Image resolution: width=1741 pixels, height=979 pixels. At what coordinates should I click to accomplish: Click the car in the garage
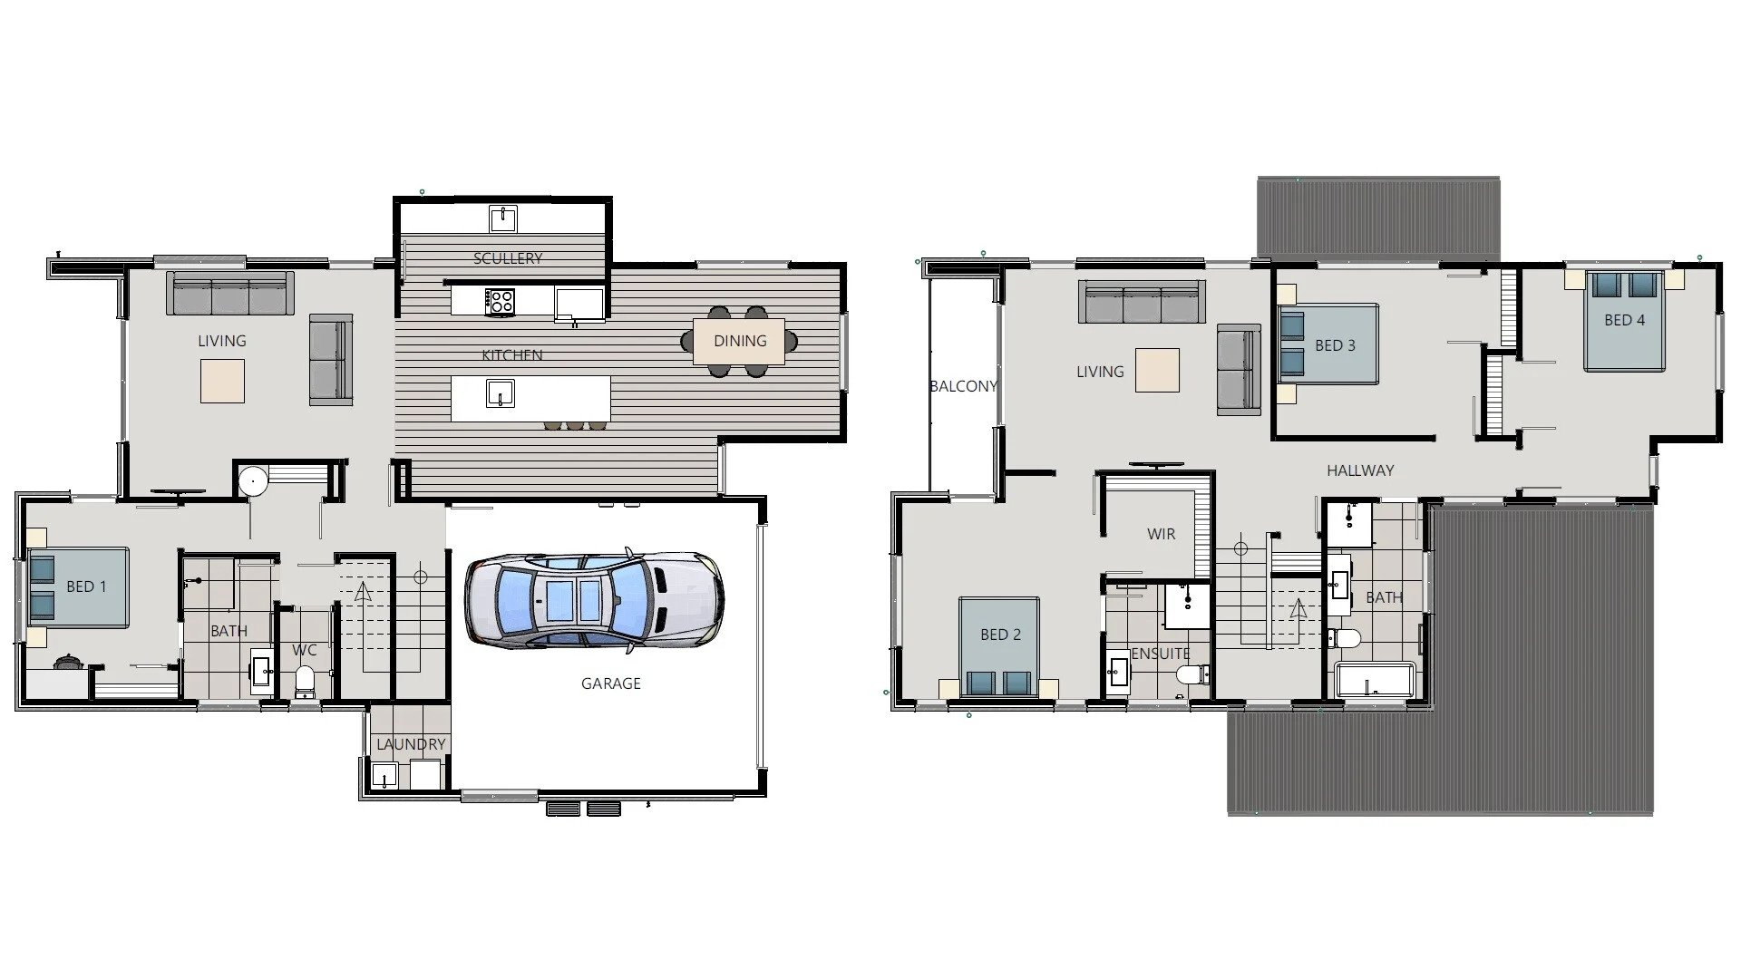(594, 601)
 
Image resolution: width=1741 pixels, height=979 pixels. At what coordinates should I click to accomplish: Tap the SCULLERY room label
(508, 258)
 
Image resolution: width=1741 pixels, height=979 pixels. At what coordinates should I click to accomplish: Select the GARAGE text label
(610, 683)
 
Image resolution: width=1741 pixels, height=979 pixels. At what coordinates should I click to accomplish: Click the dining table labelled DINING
(739, 341)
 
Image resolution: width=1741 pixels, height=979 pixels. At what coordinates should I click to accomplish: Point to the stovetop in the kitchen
(500, 301)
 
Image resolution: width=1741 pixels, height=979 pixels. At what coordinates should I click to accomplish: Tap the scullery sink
(502, 218)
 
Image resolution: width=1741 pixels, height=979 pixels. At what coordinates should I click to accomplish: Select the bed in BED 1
(78, 586)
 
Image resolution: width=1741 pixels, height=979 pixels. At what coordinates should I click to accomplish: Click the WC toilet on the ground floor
(305, 682)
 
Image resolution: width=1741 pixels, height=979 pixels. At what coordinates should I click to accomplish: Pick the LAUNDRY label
(411, 744)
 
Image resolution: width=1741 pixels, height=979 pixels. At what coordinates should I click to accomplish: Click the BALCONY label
(963, 386)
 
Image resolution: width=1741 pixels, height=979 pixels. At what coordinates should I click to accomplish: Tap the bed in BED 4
(1624, 321)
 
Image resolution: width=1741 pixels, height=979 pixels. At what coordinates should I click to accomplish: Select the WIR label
(1161, 534)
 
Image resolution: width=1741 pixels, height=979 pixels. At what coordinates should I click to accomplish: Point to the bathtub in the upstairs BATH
(1375, 679)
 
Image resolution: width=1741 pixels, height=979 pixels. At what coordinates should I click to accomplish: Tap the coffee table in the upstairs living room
(1157, 371)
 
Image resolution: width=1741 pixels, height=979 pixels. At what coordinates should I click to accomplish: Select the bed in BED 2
(999, 645)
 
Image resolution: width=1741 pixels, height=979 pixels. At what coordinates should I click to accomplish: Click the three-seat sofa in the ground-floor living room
(230, 294)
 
